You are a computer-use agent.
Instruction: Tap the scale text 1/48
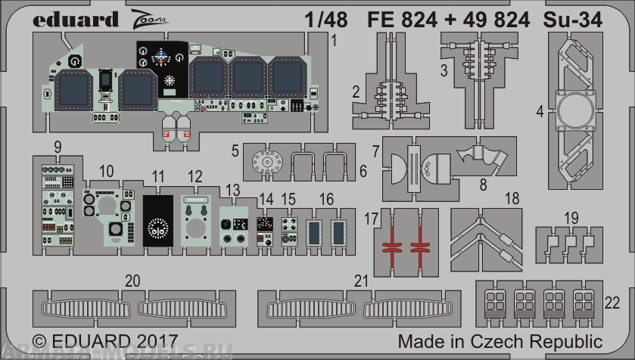(x=330, y=20)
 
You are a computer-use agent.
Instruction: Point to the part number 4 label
(x=540, y=112)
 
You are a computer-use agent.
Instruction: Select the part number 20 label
(x=132, y=281)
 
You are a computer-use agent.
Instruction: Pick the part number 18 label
(x=512, y=198)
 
